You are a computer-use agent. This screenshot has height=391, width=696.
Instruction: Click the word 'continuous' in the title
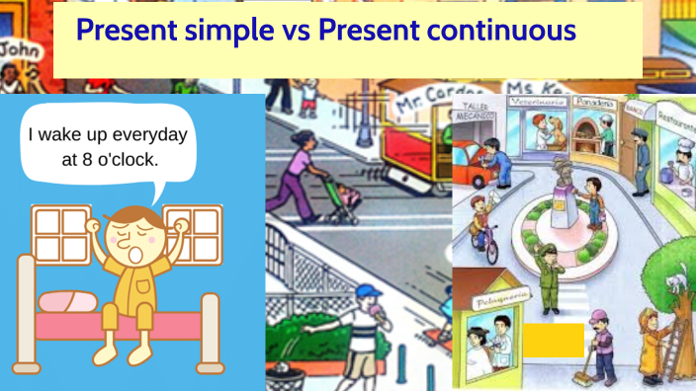501,31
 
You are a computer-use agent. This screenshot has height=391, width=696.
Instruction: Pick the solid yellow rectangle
554,340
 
